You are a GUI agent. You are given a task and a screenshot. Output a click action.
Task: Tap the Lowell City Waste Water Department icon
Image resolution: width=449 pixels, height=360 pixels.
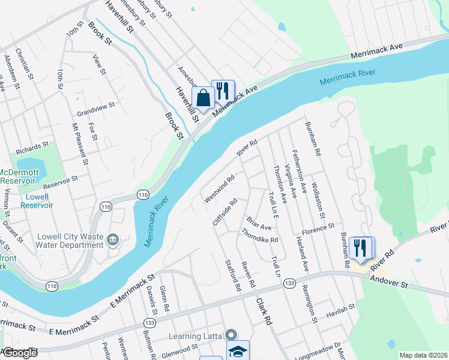tap(112, 241)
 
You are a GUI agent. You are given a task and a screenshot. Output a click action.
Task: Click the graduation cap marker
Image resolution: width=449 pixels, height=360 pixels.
tap(237, 352)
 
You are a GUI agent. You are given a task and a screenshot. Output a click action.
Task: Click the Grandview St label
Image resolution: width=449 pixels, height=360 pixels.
tap(95, 109)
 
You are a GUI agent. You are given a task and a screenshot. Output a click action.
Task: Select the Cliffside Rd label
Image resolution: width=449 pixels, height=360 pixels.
tap(225, 212)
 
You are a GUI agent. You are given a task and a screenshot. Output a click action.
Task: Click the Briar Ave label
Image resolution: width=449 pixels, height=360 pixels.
tap(259, 223)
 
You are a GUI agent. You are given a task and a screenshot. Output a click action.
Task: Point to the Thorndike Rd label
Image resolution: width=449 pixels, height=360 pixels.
tap(259, 236)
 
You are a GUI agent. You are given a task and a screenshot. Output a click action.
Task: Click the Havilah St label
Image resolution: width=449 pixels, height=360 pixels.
tap(341, 307)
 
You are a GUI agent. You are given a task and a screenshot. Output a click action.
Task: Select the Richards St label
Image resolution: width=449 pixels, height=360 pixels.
tap(32, 146)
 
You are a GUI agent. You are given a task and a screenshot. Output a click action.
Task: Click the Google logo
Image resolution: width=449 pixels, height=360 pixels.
tap(19, 353)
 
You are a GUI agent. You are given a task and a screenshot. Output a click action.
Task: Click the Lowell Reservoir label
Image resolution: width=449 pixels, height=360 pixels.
tap(37, 200)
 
